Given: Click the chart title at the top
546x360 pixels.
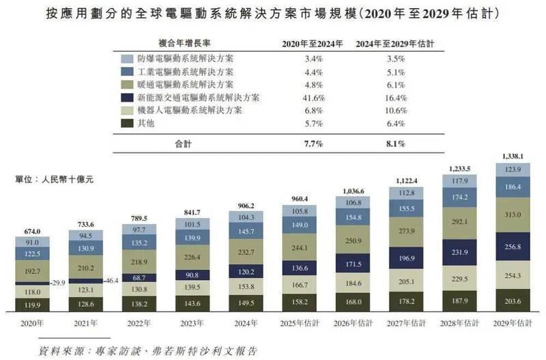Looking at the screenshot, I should [273, 14].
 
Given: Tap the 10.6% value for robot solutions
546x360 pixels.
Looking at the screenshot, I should [397, 110].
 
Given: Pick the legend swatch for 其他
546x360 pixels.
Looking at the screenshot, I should [126, 123].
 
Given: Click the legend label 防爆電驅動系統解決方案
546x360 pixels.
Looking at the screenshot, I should [184, 59].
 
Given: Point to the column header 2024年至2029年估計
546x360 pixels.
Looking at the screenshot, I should [397, 44].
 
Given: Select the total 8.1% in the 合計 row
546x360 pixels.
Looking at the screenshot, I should [397, 144].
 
